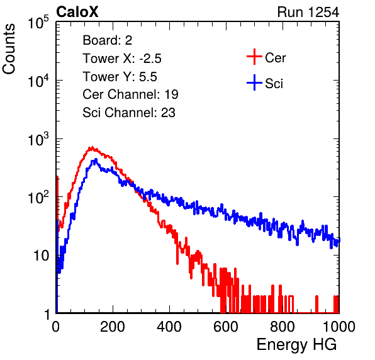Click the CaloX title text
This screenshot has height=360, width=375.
[77, 12]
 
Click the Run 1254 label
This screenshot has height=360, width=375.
[308, 12]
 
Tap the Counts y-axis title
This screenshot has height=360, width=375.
[9, 49]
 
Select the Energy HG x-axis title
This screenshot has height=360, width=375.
[296, 345]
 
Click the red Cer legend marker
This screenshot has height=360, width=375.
[254, 57]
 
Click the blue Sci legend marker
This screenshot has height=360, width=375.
[254, 82]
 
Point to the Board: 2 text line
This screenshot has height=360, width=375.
[108, 40]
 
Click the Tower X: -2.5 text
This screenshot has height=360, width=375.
[122, 59]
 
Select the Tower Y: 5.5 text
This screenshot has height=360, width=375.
[120, 77]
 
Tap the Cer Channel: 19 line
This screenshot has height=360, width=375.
[130, 94]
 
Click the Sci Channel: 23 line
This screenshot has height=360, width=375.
[129, 113]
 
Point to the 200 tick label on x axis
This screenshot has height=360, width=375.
[113, 327]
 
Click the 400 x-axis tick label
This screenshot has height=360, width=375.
[169, 327]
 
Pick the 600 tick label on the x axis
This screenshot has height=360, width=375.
[226, 327]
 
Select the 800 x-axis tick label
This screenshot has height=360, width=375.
[283, 327]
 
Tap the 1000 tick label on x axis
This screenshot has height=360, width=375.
[339, 327]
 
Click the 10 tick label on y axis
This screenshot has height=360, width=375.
[42, 256]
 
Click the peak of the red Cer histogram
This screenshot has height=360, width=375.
[92, 148]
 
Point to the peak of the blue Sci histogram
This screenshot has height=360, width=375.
[96, 159]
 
